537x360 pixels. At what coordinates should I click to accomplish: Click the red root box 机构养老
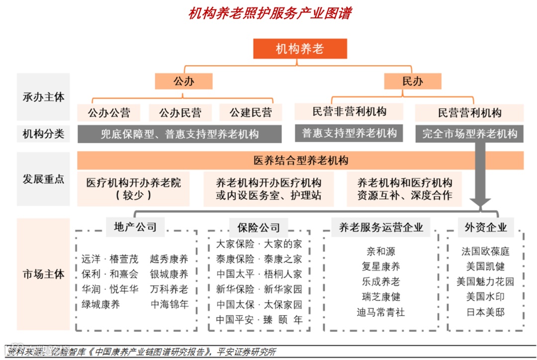[x=300, y=49]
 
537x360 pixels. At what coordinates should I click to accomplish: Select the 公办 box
[x=183, y=81]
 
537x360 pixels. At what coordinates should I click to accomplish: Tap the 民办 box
[x=412, y=81]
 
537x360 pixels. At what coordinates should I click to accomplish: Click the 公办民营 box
[x=180, y=113]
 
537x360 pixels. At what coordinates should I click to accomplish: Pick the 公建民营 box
[x=251, y=113]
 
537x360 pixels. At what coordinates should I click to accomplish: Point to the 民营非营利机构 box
[x=349, y=111]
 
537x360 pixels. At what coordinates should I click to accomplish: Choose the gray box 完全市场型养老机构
[x=469, y=133]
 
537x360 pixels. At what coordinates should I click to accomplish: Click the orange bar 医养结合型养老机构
[x=300, y=160]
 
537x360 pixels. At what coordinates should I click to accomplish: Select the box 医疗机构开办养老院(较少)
[x=133, y=189]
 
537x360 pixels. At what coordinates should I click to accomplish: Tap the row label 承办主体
[x=43, y=97]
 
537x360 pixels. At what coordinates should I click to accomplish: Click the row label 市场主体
[x=43, y=274]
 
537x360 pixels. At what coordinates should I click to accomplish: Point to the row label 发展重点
[x=43, y=179]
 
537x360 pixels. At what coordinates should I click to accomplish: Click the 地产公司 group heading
[x=132, y=227]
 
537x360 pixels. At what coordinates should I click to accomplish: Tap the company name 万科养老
[x=169, y=289]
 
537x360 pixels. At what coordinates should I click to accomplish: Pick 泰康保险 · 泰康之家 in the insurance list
[x=259, y=259]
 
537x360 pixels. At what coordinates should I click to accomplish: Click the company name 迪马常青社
[x=381, y=312]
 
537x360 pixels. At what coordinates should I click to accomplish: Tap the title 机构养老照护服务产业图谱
[x=269, y=13]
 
